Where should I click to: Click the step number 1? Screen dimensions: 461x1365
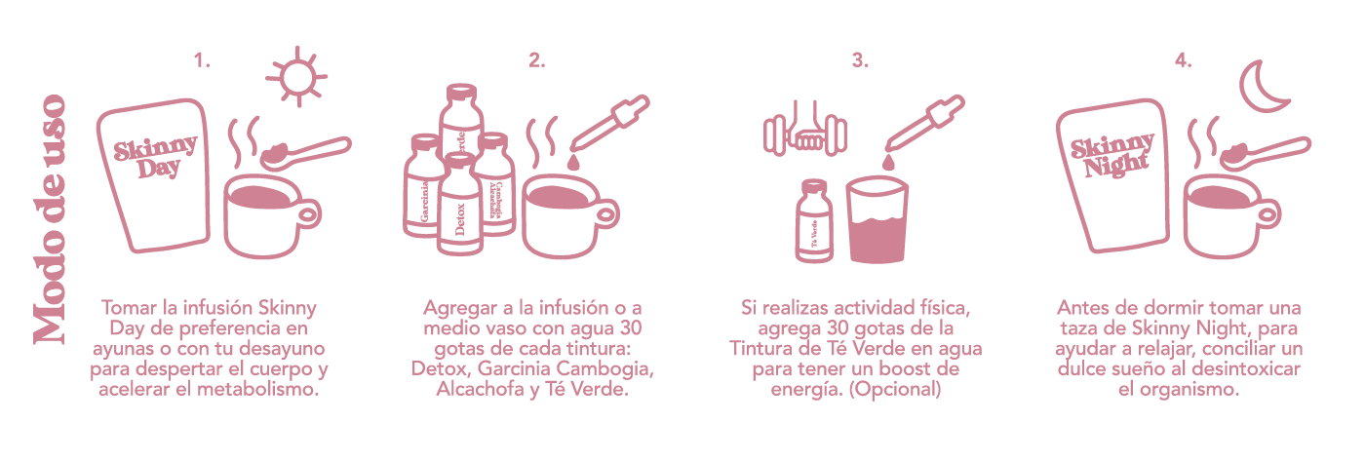coord(202,60)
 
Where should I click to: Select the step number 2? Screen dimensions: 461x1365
coord(536,60)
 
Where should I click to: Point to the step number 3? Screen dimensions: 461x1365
coord(859,60)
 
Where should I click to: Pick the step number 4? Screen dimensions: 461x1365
coord(1183,60)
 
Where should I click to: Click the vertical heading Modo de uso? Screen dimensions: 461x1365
coord(49,220)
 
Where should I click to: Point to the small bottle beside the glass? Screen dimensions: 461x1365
coord(814,222)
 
